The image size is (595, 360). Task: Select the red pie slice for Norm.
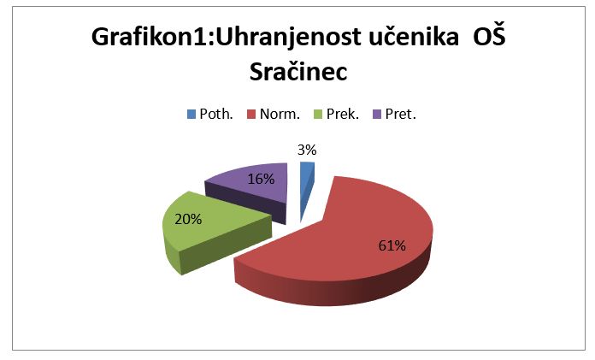pos(341,247)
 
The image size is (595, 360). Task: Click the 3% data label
pos(307,150)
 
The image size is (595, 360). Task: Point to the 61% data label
pos(392,245)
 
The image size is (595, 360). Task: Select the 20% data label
pos(188,219)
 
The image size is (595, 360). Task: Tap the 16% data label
pos(261,179)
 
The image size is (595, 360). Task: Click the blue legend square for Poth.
pos(191,114)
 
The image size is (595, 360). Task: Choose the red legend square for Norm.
pos(251,114)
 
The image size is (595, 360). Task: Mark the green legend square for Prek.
pos(318,114)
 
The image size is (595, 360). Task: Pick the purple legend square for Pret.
pos(377,114)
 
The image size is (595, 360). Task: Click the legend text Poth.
pos(216,114)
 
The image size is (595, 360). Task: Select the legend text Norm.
pos(280,114)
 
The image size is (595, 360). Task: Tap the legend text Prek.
pos(343,114)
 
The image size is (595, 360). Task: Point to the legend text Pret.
pos(401,114)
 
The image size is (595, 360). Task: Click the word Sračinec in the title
pos(298,71)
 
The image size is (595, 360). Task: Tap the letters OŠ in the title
pos(489,36)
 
